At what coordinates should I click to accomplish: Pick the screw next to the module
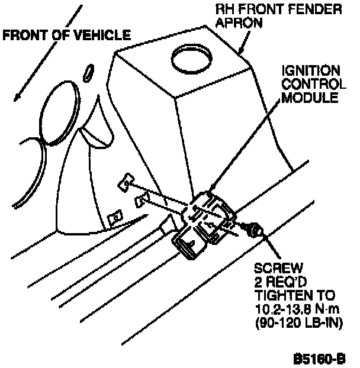254,228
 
